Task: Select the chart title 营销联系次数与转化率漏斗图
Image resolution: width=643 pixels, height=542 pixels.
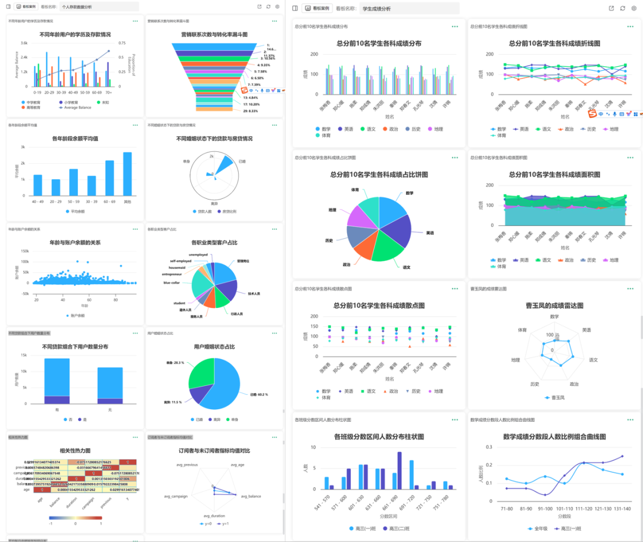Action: [214, 35]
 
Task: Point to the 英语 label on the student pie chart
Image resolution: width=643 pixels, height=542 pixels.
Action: [430, 233]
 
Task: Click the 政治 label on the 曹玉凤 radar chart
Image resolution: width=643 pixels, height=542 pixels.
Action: [573, 384]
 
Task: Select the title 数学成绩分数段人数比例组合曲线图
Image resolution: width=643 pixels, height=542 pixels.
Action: [555, 437]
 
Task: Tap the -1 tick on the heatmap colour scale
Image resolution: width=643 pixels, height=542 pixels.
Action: [51, 524]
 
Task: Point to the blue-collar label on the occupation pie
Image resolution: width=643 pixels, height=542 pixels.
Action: [172, 283]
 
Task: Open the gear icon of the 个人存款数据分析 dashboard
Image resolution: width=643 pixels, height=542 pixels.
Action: [277, 7]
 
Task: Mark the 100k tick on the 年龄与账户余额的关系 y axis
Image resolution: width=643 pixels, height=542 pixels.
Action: [25, 261]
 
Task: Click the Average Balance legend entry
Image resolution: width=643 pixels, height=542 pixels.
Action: [76, 107]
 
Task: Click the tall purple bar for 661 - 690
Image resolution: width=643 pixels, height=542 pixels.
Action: [399, 471]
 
